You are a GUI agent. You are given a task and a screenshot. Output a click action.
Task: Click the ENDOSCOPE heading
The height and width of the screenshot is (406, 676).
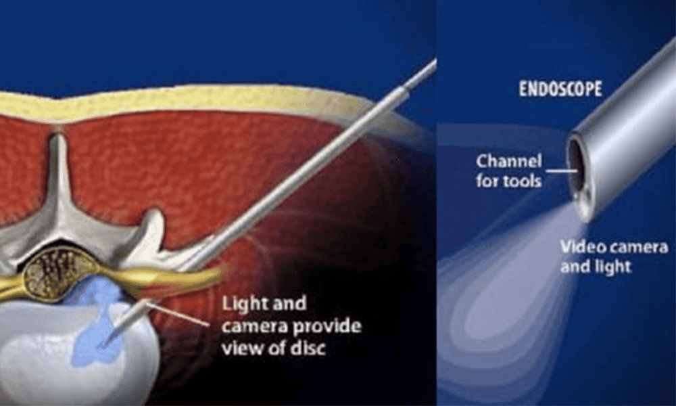tap(560, 89)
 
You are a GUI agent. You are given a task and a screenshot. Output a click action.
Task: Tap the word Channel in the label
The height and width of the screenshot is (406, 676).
tap(508, 162)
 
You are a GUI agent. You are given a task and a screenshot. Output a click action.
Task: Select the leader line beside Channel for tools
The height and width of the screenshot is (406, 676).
tap(554, 171)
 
